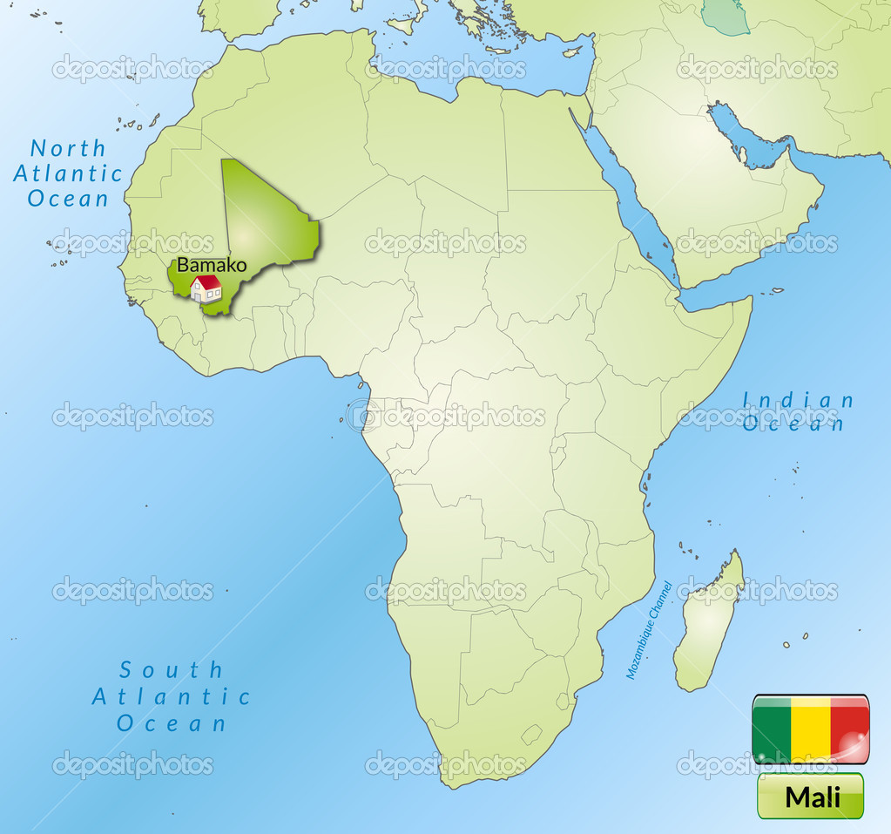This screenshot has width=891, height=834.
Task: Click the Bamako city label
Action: point(212,265)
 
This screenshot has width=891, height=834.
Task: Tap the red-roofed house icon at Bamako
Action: point(206,288)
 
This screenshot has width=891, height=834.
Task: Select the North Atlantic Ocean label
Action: point(68,173)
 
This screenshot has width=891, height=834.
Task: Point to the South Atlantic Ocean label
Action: point(172,696)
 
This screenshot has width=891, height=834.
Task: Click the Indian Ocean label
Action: point(797,411)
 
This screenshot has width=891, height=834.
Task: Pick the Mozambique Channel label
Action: point(649,630)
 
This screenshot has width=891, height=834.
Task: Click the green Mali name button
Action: point(810,796)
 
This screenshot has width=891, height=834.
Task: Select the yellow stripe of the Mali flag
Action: point(810,729)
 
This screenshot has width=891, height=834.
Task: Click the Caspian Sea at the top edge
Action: point(726,16)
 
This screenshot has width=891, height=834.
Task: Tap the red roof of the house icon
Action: point(206,281)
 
